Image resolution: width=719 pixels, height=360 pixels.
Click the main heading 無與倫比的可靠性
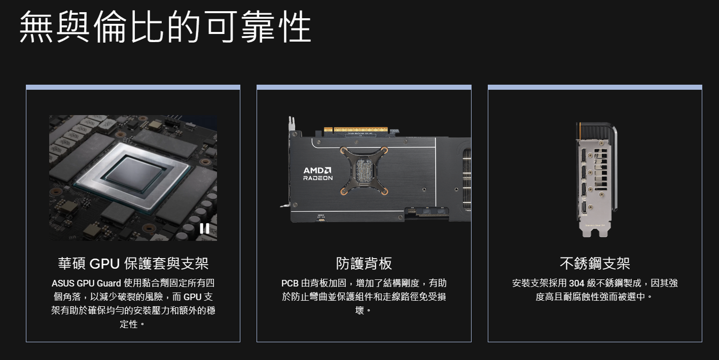coord(165,26)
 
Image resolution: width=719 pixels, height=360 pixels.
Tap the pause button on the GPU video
coord(204,229)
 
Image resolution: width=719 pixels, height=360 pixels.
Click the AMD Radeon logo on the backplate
coord(318,173)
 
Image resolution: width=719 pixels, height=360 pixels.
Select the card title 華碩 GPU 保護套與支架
coord(133,264)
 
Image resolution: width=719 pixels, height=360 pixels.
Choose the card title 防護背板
coord(364,264)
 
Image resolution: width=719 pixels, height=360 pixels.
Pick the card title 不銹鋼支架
coord(595,264)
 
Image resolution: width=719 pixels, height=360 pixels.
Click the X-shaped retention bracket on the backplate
coord(364,170)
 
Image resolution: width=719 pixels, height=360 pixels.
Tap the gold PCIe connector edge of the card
coord(355,130)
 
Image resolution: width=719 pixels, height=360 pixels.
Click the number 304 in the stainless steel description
coord(577,283)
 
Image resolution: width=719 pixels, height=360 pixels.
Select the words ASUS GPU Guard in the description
coord(86,283)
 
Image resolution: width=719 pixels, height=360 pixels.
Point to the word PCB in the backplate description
coord(290,283)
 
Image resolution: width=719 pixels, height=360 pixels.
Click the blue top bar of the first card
coord(133,87)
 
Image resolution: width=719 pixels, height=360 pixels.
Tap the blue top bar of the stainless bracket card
coord(595,87)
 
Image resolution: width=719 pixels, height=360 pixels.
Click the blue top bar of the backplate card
coord(364,87)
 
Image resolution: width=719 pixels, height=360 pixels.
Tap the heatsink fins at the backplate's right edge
coord(466,179)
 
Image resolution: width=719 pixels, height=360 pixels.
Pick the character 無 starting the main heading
coord(36,26)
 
